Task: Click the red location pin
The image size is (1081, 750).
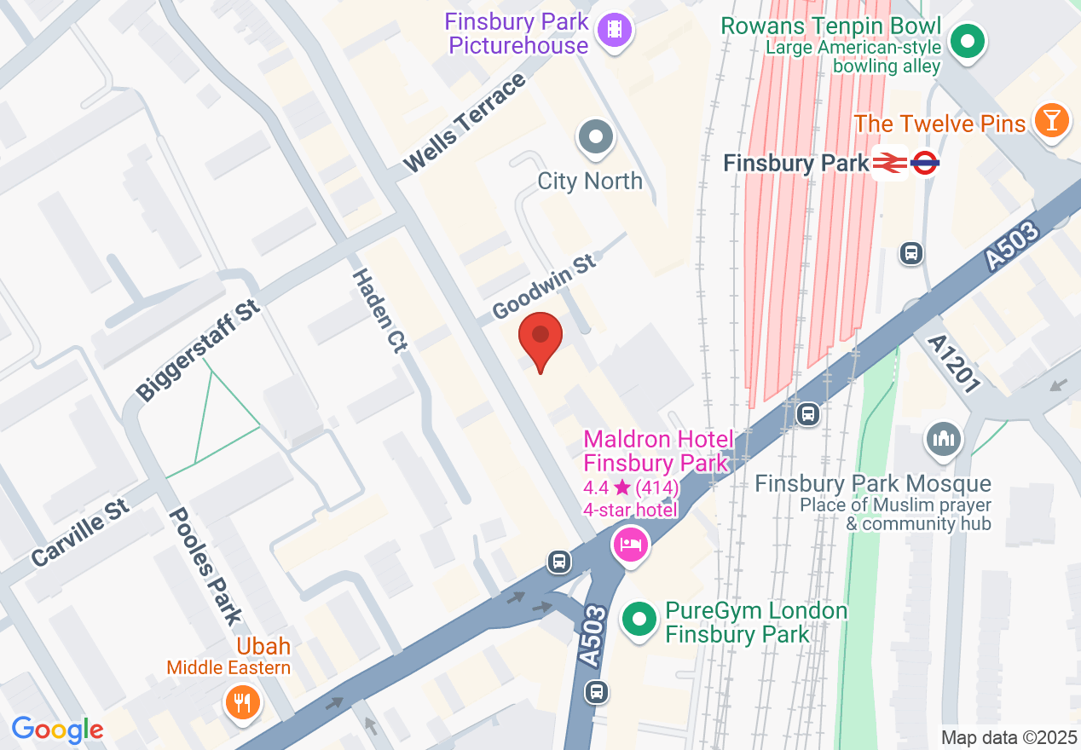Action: [540, 338]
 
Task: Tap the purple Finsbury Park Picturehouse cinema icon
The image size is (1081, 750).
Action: [615, 32]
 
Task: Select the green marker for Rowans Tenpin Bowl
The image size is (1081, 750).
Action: [968, 41]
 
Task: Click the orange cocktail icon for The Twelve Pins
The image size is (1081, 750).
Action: [1051, 120]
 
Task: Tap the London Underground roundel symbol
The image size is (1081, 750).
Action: [924, 162]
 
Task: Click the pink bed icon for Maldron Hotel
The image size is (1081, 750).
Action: [630, 543]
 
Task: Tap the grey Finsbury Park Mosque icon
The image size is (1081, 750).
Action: [943, 440]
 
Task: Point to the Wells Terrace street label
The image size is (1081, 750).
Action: [464, 123]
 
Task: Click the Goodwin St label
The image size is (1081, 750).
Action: [544, 286]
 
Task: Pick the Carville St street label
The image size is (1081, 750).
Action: [80, 534]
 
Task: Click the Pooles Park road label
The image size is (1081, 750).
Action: [205, 567]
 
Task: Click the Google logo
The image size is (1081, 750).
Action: [57, 730]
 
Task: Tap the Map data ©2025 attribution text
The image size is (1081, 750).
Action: [1007, 737]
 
